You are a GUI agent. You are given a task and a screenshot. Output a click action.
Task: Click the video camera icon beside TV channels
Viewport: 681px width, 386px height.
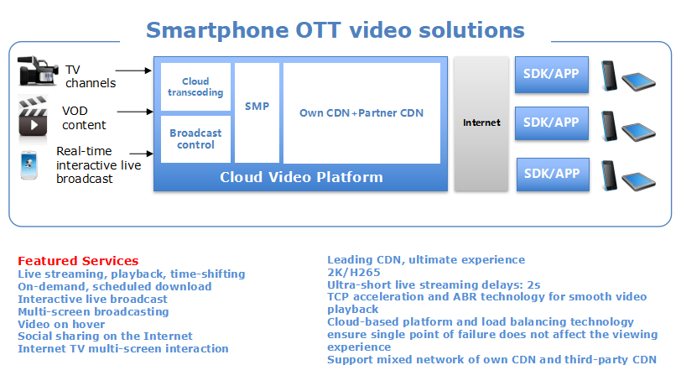(38, 70)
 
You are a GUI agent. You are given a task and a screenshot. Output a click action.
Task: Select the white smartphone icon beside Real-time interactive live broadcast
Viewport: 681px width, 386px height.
(29, 164)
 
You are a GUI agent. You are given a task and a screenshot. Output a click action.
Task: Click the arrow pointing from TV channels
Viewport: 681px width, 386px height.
(134, 70)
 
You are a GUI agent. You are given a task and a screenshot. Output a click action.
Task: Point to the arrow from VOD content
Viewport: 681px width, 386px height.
(135, 112)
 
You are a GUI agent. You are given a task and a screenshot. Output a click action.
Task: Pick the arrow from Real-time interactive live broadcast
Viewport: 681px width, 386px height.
(141, 154)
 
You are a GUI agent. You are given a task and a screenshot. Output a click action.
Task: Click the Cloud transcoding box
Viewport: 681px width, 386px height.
(195, 87)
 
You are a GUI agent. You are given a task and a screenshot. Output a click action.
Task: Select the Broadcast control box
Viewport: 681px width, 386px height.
(195, 139)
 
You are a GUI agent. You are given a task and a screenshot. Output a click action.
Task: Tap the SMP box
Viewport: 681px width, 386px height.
(257, 113)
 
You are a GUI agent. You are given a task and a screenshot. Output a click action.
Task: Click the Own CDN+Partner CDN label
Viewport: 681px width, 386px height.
(361, 113)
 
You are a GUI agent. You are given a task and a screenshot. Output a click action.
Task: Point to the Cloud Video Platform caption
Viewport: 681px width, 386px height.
(301, 177)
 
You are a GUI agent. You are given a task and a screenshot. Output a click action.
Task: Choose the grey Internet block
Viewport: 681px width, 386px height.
(481, 123)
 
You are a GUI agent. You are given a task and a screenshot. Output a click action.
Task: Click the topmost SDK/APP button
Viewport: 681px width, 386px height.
(552, 75)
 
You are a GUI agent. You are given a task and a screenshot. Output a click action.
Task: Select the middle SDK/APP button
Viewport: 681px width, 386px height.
(552, 123)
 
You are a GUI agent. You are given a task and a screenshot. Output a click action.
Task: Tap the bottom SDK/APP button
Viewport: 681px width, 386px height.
(553, 175)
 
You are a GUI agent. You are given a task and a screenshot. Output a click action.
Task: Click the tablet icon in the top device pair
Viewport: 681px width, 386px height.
(638, 82)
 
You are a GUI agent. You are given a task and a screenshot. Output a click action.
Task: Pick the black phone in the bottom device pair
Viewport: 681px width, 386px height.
(609, 175)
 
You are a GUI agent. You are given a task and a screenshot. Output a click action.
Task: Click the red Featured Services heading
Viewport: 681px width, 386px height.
(78, 261)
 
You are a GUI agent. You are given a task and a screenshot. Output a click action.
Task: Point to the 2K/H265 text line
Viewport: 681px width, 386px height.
(354, 273)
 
